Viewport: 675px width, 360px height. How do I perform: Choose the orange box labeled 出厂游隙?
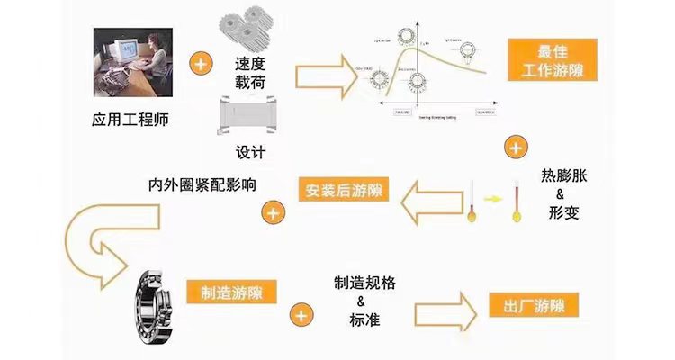[533, 304]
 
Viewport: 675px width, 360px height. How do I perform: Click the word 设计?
[249, 150]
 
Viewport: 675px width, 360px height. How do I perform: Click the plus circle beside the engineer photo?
[201, 64]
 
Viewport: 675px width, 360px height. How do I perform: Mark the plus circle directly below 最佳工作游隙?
[512, 147]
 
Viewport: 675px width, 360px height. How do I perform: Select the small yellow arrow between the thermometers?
[493, 197]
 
